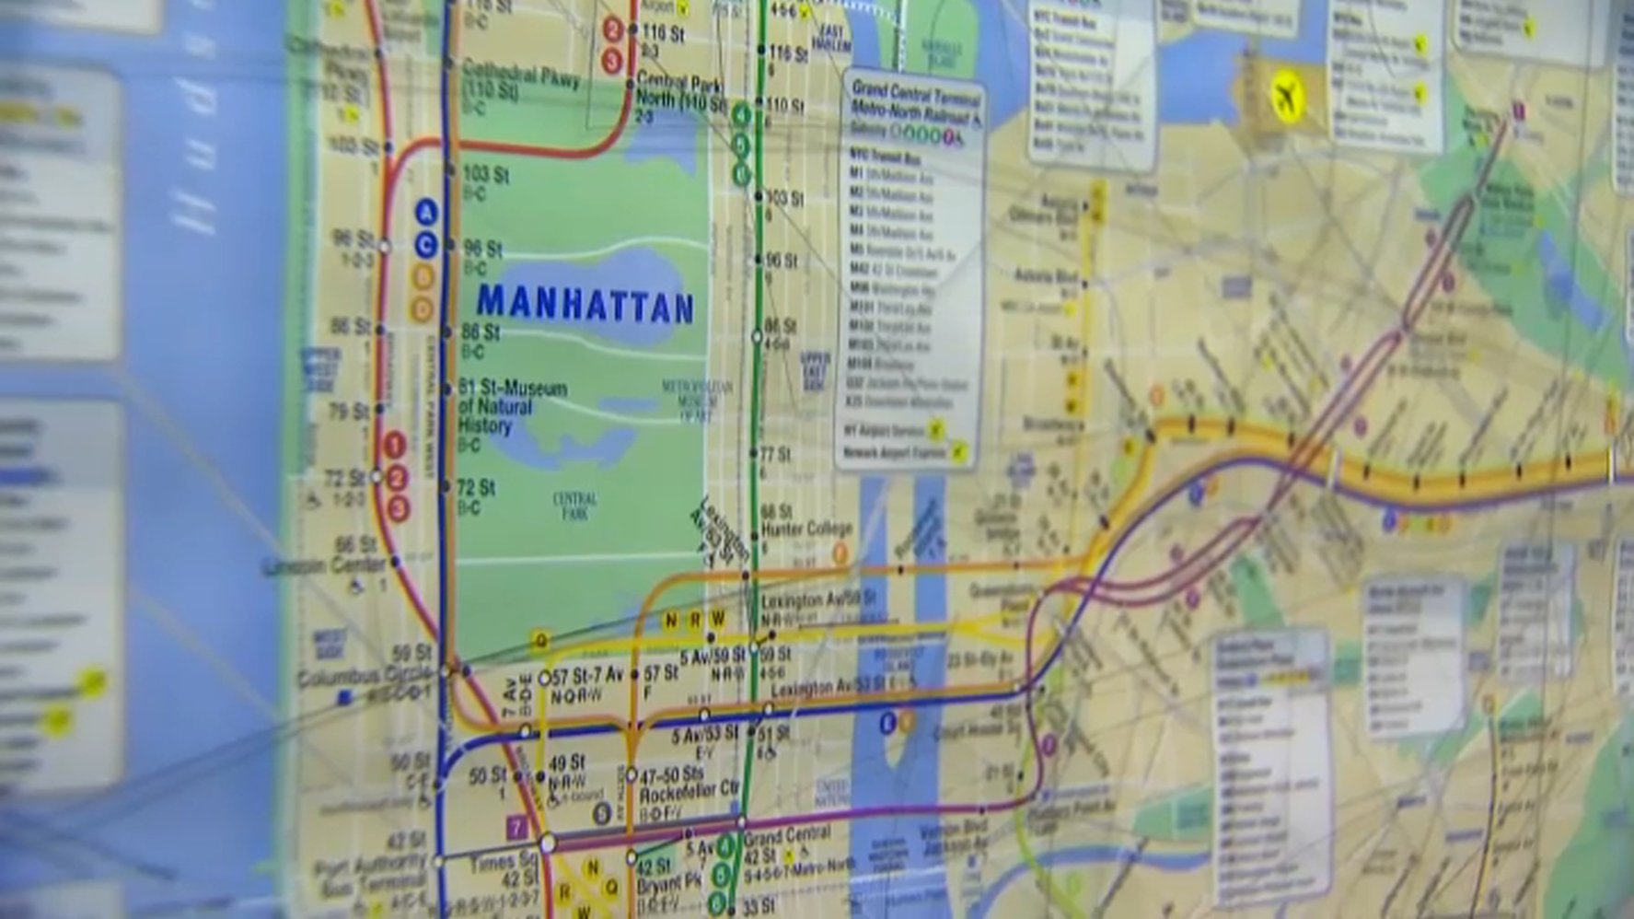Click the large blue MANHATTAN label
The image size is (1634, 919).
click(585, 305)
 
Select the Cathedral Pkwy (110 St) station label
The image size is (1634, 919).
click(520, 81)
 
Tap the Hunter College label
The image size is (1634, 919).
click(806, 529)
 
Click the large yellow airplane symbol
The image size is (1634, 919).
click(1289, 96)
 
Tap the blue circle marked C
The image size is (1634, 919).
click(424, 245)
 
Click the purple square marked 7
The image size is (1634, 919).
click(516, 828)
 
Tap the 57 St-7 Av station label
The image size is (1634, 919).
click(586, 678)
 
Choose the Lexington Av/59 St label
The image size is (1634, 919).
click(817, 600)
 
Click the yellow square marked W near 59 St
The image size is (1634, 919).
click(717, 619)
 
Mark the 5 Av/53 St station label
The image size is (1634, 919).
click(704, 735)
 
